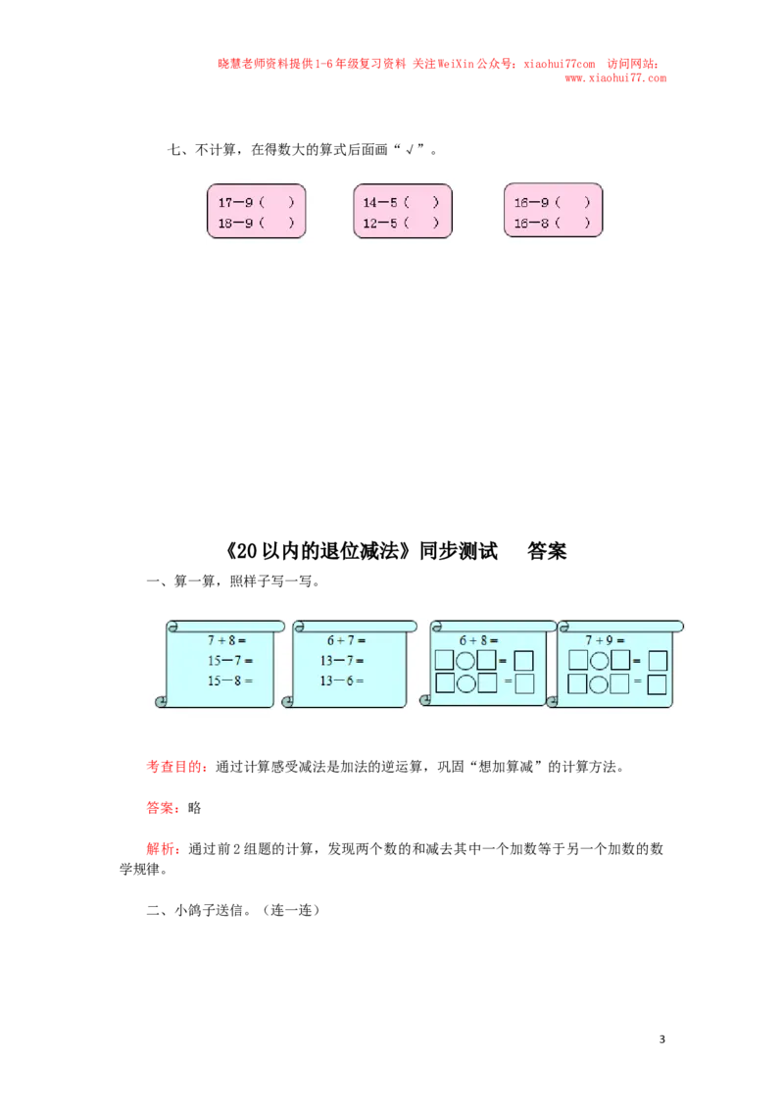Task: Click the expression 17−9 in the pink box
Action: pos(235,202)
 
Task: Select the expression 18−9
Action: pos(235,223)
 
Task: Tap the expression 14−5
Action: pos(380,202)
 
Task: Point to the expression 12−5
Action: pos(380,223)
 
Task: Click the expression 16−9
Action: pos(531,202)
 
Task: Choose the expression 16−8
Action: pos(531,223)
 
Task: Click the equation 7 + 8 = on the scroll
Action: pos(226,640)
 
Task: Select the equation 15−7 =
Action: pos(230,661)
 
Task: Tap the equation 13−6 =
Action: pos(342,681)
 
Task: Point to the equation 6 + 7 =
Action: pos(346,640)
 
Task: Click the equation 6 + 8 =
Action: pos(478,640)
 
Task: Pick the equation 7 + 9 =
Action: pos(605,640)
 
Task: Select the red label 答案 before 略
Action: pos(160,808)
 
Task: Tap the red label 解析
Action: pos(160,849)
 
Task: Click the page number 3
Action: pos(662,1039)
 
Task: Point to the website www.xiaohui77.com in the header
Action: pos(615,77)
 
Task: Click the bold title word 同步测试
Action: pos(459,551)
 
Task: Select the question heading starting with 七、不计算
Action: pos(302,149)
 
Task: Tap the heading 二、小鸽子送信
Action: pos(233,910)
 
